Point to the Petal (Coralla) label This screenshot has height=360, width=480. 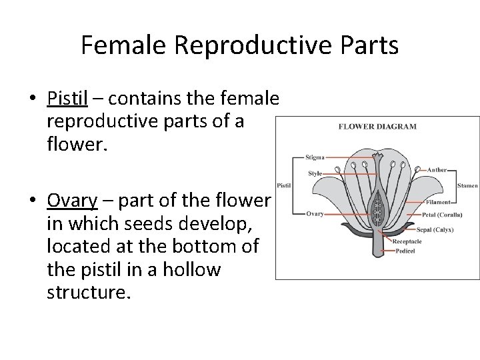pos(443,215)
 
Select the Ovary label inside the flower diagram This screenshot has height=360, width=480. pos(315,214)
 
